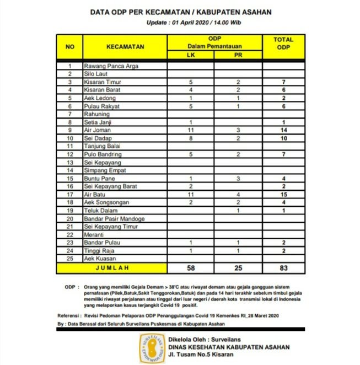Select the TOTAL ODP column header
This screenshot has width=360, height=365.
pos(283,44)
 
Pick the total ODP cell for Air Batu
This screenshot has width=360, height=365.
pos(283,195)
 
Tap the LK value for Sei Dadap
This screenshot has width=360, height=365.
pos(191,138)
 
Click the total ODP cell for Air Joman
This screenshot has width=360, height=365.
pos(283,130)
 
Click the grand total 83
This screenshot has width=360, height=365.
pos(283,267)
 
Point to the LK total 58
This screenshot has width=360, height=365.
pos(191,267)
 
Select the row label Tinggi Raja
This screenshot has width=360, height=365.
pos(98,251)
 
